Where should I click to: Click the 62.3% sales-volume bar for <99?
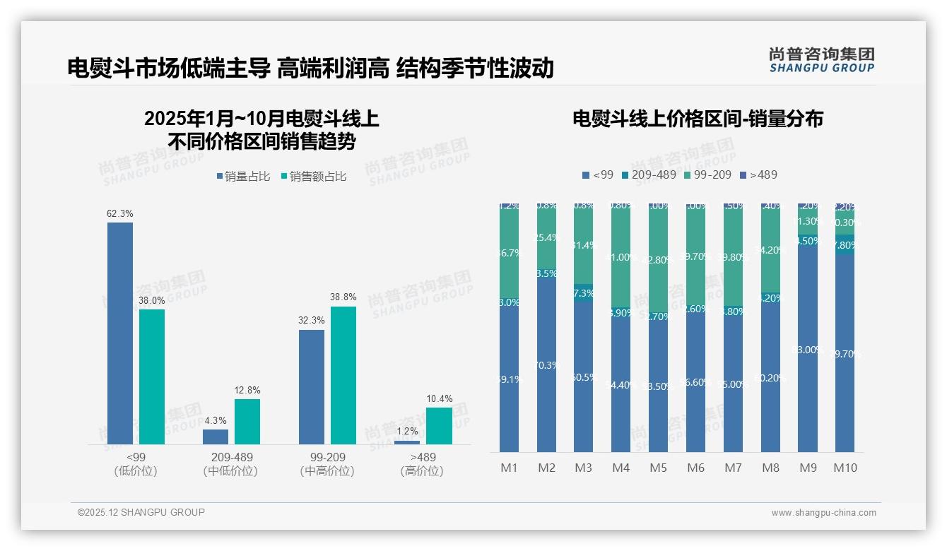click(120, 333)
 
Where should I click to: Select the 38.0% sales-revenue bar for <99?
click(152, 377)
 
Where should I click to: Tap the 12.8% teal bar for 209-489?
click(247, 422)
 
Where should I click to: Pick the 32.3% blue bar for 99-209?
click(312, 386)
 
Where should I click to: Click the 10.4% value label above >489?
click(439, 399)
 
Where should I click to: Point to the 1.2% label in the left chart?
click(407, 431)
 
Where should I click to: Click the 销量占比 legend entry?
click(243, 177)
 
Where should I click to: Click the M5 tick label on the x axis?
click(658, 468)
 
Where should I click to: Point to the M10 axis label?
click(845, 468)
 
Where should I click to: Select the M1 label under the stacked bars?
click(509, 468)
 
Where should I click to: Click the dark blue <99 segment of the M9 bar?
click(808, 346)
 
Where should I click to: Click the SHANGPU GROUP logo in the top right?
click(821, 60)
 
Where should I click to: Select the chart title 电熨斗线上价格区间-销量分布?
click(698, 119)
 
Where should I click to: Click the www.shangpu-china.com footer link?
click(823, 513)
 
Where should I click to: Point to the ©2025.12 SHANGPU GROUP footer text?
click(141, 512)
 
